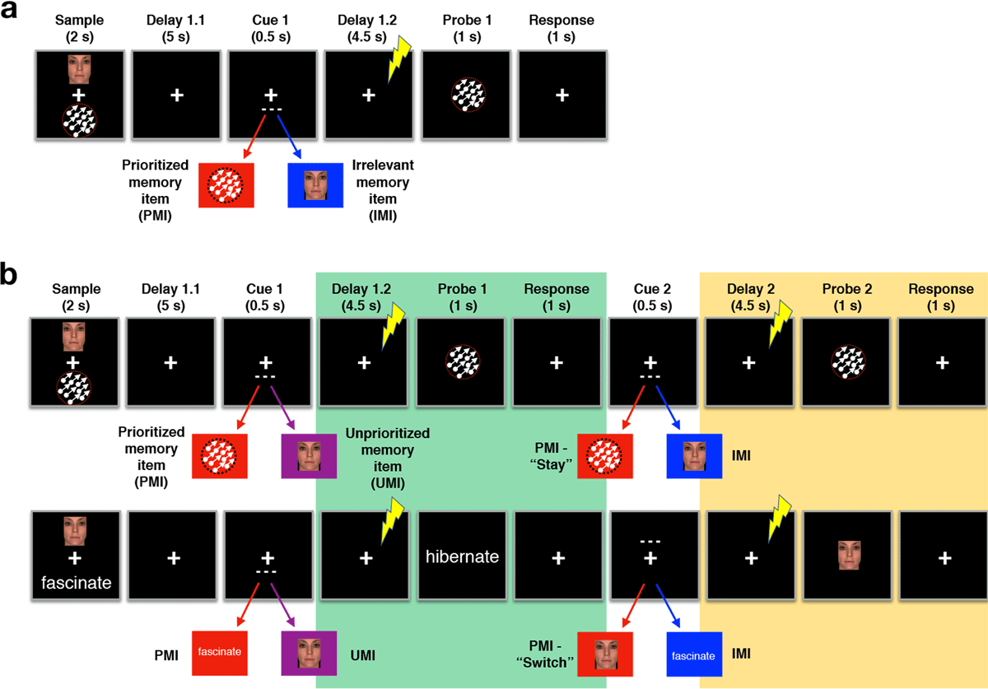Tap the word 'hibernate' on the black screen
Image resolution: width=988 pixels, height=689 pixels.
click(462, 556)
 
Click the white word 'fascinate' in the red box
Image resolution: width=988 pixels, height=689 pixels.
click(219, 651)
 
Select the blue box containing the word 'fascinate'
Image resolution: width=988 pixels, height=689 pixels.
click(694, 656)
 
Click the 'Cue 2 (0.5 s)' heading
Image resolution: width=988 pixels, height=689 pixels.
click(650, 296)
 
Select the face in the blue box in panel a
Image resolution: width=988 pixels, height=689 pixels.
click(315, 185)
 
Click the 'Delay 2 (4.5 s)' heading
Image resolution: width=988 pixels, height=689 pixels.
click(748, 296)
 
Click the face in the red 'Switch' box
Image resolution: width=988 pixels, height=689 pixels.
click(604, 652)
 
